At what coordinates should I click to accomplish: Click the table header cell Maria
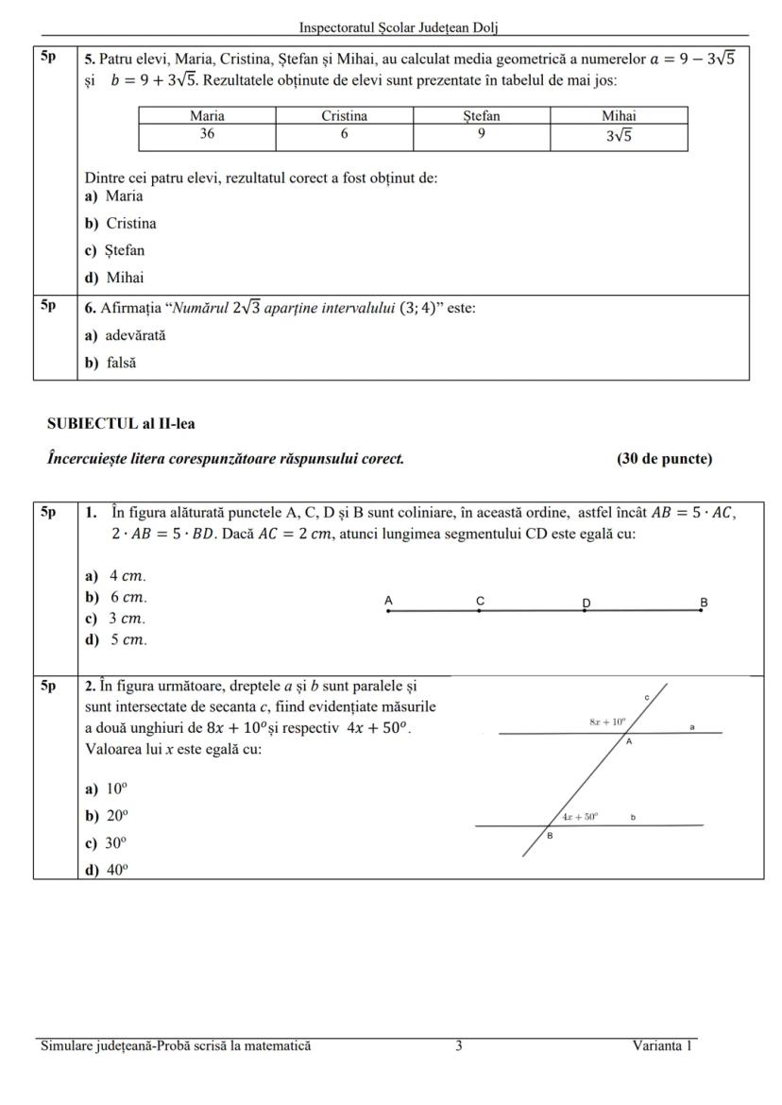coord(207,116)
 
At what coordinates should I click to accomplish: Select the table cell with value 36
coord(207,134)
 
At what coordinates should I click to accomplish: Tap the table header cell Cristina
coord(344,116)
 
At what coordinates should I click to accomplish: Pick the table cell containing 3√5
coord(619,136)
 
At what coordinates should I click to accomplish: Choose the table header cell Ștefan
coord(481,116)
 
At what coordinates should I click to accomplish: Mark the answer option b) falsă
coord(110,363)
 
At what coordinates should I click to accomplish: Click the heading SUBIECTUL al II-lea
coord(121,424)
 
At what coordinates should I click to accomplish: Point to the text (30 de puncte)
coord(664,459)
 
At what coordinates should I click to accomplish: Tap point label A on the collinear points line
coord(389,601)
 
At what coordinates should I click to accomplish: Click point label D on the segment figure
coord(586,602)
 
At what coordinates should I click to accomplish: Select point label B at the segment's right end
coord(703,602)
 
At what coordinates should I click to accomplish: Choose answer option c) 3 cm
coord(116,619)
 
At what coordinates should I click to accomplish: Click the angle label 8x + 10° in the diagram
coord(607,722)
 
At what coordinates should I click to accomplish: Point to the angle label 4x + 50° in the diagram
coord(580,816)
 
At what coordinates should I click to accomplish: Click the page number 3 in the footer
coord(459,1045)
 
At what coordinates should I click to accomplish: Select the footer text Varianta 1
coord(663,1045)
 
